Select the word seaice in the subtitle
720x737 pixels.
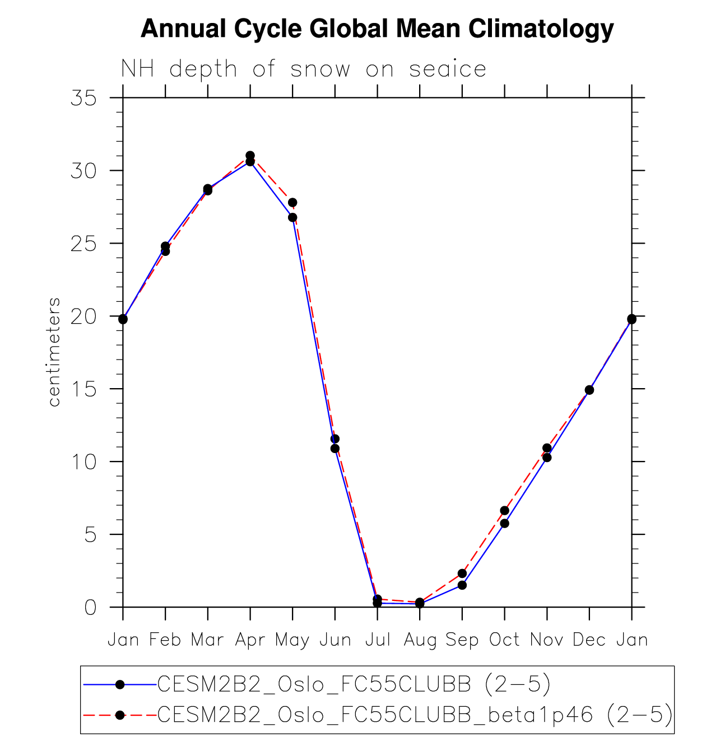point(448,69)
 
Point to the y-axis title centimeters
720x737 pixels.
point(54,352)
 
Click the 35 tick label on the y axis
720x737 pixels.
point(83,98)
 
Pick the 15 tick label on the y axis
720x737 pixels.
point(83,389)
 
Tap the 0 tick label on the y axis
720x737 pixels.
point(90,607)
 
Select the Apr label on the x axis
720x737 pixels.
point(250,640)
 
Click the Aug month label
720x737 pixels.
point(420,640)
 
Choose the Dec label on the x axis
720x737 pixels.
point(589,640)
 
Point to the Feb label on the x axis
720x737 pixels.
point(165,640)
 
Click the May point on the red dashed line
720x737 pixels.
point(292,202)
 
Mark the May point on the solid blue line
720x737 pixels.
point(292,217)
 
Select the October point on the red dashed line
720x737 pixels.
point(504,510)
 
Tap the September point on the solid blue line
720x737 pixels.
point(462,585)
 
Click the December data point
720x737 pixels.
point(589,390)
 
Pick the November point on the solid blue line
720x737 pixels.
point(547,458)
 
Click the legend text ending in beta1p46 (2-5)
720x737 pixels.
point(415,715)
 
